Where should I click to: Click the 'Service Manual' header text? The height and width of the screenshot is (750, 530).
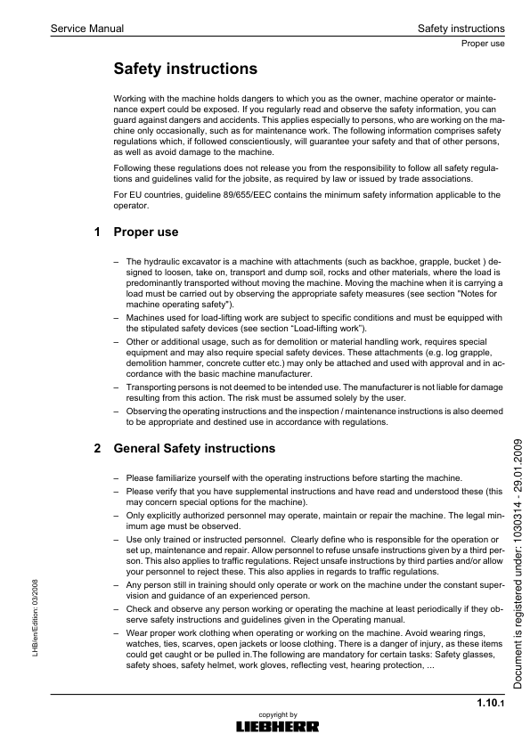(87, 29)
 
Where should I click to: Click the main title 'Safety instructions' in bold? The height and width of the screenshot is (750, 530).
(186, 69)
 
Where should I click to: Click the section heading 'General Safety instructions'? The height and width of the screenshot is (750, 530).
(195, 448)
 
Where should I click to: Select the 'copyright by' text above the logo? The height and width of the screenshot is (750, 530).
(277, 714)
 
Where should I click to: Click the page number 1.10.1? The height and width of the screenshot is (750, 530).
(490, 705)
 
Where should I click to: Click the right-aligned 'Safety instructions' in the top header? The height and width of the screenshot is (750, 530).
(461, 29)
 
